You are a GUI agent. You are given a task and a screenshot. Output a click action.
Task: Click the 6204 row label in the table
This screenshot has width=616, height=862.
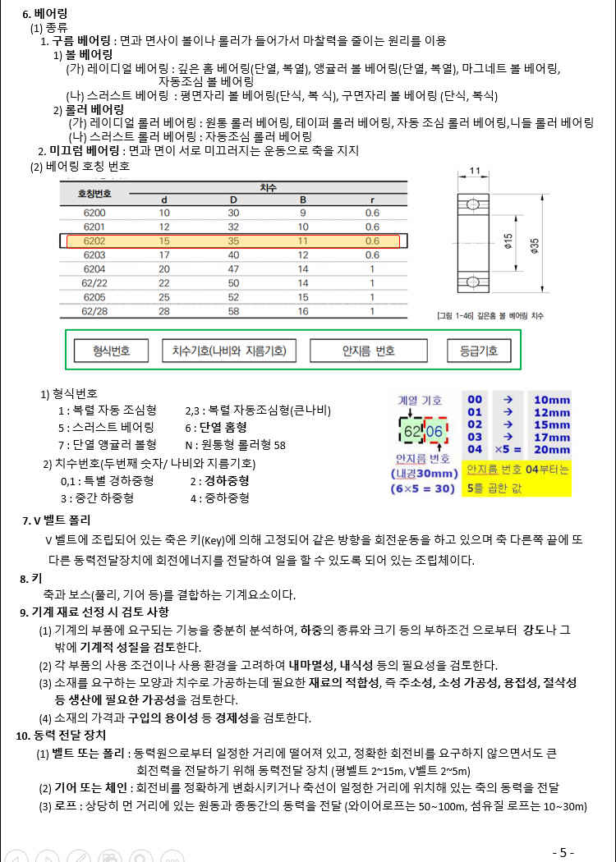[x=94, y=268]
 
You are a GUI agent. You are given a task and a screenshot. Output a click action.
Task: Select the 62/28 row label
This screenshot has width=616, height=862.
[x=94, y=311]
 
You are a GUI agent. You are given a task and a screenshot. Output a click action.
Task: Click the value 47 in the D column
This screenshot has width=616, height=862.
[x=233, y=268]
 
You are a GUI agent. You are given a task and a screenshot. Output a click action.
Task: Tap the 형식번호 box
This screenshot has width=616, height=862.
[x=101, y=351]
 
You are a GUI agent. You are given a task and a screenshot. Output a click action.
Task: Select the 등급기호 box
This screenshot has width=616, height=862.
[x=479, y=351]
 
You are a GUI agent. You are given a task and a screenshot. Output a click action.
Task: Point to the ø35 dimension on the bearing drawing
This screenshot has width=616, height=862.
[x=534, y=244]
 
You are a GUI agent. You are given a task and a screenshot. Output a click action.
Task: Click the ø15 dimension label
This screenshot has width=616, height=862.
[x=509, y=244]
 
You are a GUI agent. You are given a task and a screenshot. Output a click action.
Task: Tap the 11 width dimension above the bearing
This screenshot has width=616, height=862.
[x=475, y=171]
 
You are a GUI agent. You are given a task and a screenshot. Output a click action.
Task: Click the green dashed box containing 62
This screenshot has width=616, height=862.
[x=412, y=432]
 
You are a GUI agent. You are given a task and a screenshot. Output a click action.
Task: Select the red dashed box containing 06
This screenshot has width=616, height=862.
[x=435, y=432]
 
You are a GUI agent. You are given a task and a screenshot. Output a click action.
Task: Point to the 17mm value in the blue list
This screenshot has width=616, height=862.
[x=550, y=438]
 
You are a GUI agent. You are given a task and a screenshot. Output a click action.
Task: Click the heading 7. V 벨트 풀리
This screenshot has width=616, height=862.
[x=57, y=520]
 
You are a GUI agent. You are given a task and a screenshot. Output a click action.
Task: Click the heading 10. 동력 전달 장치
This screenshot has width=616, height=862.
[x=60, y=735]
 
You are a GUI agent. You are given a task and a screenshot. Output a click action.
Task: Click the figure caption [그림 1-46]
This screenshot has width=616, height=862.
[x=490, y=316]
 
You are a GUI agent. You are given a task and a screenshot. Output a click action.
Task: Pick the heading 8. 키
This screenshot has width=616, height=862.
[x=31, y=579]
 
